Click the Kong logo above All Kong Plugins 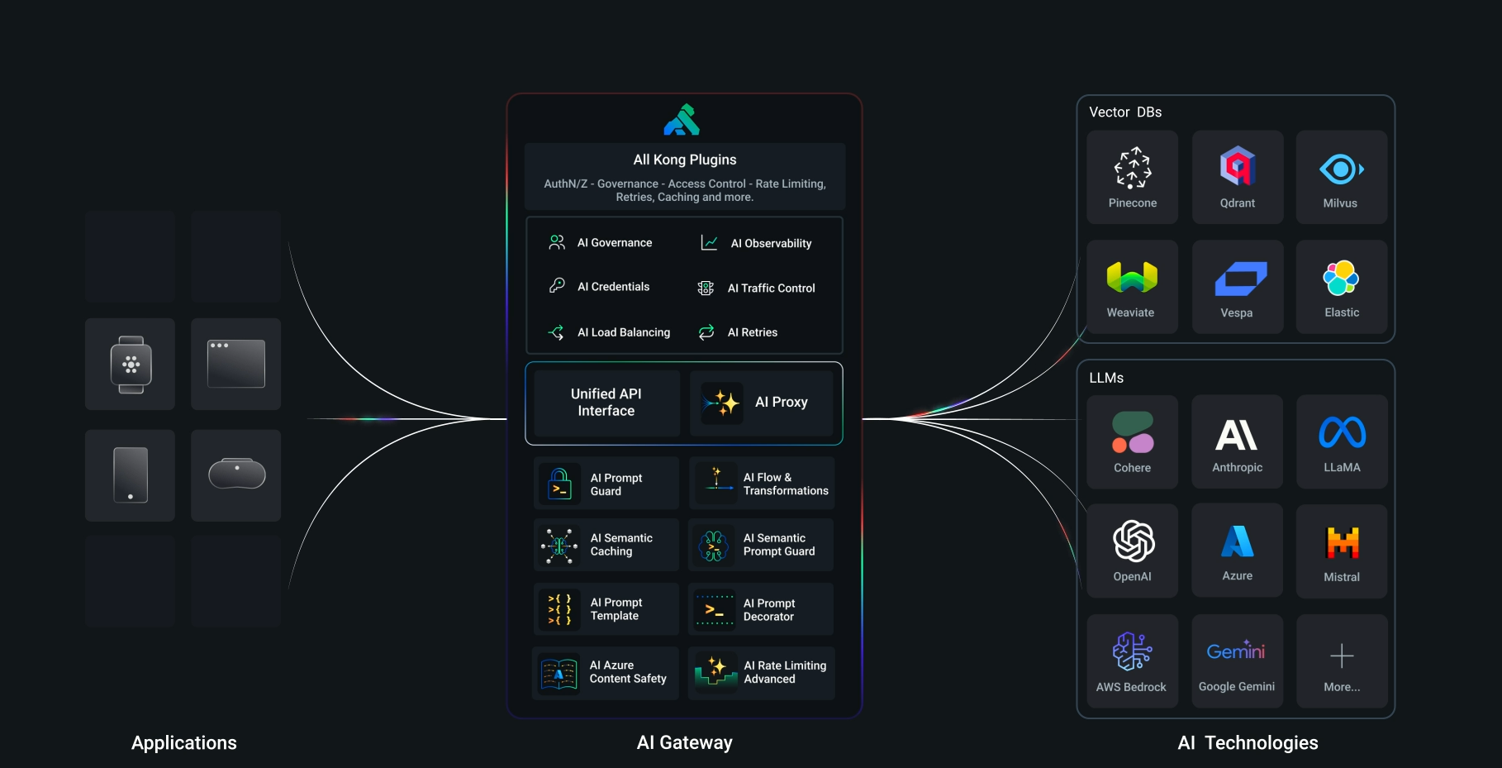pyautogui.click(x=682, y=120)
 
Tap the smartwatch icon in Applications pyautogui.click(x=131, y=365)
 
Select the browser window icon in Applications pyautogui.click(x=236, y=364)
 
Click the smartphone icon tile pyautogui.click(x=131, y=475)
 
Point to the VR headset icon pyautogui.click(x=237, y=474)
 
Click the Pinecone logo pyautogui.click(x=1133, y=168)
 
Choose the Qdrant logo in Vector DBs pyautogui.click(x=1238, y=166)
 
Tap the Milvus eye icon pyautogui.click(x=1341, y=169)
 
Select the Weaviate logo pyautogui.click(x=1132, y=277)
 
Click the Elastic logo pyautogui.click(x=1341, y=278)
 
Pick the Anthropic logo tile pyautogui.click(x=1237, y=441)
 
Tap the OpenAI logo pyautogui.click(x=1134, y=541)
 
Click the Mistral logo pyautogui.click(x=1343, y=542)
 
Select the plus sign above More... pyautogui.click(x=1342, y=656)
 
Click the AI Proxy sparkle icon pyautogui.click(x=722, y=403)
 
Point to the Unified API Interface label pyautogui.click(x=606, y=403)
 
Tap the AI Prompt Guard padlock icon pyautogui.click(x=559, y=484)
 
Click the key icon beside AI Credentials pyautogui.click(x=558, y=285)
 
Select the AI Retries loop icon pyautogui.click(x=706, y=332)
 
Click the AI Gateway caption pyautogui.click(x=684, y=742)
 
